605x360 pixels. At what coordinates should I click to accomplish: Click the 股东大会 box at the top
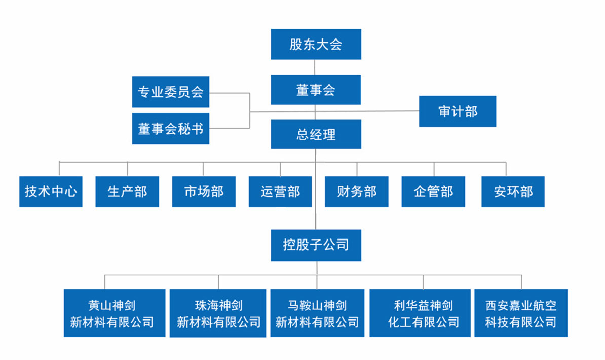(316, 44)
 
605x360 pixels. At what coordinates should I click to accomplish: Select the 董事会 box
(316, 90)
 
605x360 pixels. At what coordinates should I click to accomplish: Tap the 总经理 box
(316, 134)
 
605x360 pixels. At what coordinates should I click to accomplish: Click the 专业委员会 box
(170, 92)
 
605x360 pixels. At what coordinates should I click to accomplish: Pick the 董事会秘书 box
(170, 129)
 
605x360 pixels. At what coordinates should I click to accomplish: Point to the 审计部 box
(457, 111)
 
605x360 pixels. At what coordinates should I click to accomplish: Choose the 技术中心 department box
(51, 191)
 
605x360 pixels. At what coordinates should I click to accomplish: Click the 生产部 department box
(127, 191)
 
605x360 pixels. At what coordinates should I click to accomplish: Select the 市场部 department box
(204, 191)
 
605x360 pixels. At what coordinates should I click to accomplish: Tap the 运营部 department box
(280, 191)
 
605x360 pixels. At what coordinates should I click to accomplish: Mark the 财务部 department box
(357, 191)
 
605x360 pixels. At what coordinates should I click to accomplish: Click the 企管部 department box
(433, 191)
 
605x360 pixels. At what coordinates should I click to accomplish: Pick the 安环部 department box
(513, 191)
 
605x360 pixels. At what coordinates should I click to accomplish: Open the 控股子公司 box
(316, 246)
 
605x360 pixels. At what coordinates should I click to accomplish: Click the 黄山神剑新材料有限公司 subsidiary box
(115, 313)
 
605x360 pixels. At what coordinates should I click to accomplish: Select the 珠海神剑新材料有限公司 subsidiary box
(218, 313)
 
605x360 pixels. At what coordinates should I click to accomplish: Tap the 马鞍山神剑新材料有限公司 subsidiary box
(317, 313)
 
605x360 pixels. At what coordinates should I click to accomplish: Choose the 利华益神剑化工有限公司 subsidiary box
(420, 313)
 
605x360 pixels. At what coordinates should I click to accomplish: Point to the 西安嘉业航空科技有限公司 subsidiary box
(521, 313)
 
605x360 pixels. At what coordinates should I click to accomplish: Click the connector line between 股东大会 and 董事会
(316, 67)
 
